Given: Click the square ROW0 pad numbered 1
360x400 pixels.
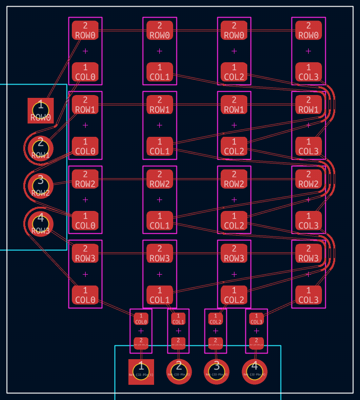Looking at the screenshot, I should click(40, 110).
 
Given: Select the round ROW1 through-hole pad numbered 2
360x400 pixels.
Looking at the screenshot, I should click(40, 148).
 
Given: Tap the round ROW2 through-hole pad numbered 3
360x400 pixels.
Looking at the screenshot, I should click(40, 185).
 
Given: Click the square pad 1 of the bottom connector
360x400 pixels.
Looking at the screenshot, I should click(141, 371).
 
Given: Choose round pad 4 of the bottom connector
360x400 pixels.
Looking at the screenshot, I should click(254, 371).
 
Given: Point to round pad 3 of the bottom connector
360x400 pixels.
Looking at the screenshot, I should click(216, 371).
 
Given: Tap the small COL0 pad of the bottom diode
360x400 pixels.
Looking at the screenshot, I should click(141, 318).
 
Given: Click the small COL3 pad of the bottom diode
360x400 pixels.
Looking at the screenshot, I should click(256, 318).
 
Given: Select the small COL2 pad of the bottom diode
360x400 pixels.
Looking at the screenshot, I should click(215, 318).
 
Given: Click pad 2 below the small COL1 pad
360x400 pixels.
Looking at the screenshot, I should click(178, 343).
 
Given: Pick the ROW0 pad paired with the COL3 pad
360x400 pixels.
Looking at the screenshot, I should click(308, 30).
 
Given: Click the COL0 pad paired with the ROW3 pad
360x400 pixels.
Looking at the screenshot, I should click(85, 295).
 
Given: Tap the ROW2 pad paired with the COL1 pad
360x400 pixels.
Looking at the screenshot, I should click(159, 179).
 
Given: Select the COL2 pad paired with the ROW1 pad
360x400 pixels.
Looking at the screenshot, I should click(234, 146).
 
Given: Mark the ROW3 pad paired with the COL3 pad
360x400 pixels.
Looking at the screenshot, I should click(308, 253).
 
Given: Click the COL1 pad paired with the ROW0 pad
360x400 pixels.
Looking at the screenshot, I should click(159, 72).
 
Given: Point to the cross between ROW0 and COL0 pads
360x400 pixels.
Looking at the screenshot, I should click(85, 51).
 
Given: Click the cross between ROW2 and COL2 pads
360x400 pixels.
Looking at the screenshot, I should click(234, 200).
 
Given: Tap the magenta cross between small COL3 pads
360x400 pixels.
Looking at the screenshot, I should click(256, 331).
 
